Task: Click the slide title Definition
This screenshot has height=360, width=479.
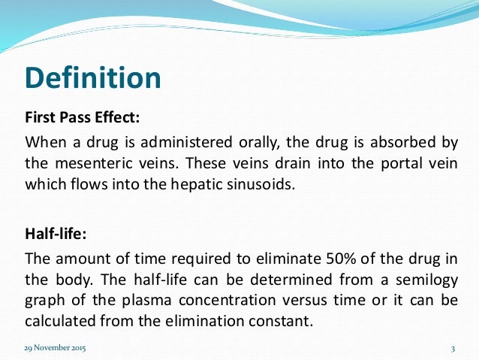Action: [92, 77]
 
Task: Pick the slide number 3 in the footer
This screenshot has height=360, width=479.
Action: [453, 350]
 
